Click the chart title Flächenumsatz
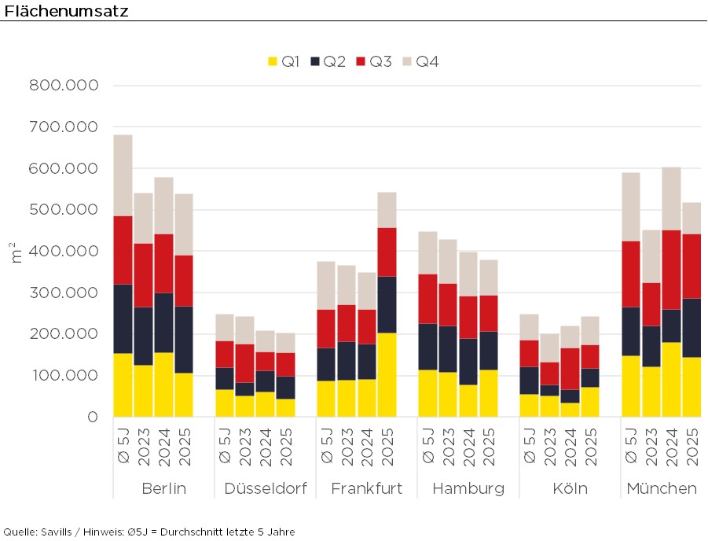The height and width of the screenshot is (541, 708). (66, 10)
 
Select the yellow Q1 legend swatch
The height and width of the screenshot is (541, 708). (273, 61)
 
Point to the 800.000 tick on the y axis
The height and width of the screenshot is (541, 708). (64, 86)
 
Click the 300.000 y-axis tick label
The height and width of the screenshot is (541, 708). (64, 293)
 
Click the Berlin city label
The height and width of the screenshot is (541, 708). (163, 489)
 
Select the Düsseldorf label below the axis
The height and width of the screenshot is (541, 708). (265, 489)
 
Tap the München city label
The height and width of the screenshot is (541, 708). (661, 489)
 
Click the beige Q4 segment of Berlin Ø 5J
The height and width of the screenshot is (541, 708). (123, 175)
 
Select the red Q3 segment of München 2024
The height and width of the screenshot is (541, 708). (671, 270)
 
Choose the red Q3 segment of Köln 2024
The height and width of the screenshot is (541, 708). (570, 369)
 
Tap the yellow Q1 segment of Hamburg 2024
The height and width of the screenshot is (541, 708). (468, 400)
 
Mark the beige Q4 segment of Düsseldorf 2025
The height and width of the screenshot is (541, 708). (285, 343)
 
